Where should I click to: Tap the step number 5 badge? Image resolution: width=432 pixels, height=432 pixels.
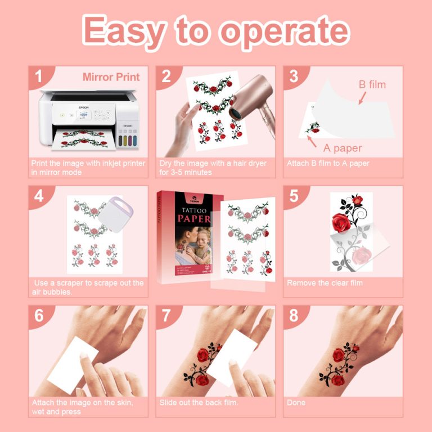click(x=294, y=196)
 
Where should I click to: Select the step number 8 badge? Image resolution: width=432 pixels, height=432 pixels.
click(x=294, y=316)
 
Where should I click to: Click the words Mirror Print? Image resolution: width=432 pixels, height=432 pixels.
click(x=111, y=77)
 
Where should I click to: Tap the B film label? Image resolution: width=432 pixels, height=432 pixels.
click(x=372, y=85)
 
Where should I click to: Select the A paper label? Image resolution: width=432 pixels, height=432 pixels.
click(x=342, y=148)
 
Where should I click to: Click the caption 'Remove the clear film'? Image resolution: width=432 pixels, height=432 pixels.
click(x=325, y=283)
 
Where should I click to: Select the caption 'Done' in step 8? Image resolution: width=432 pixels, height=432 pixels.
click(x=296, y=402)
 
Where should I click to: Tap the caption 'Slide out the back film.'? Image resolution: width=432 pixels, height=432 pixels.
click(x=199, y=402)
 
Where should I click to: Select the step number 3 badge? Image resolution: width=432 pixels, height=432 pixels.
click(x=294, y=76)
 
